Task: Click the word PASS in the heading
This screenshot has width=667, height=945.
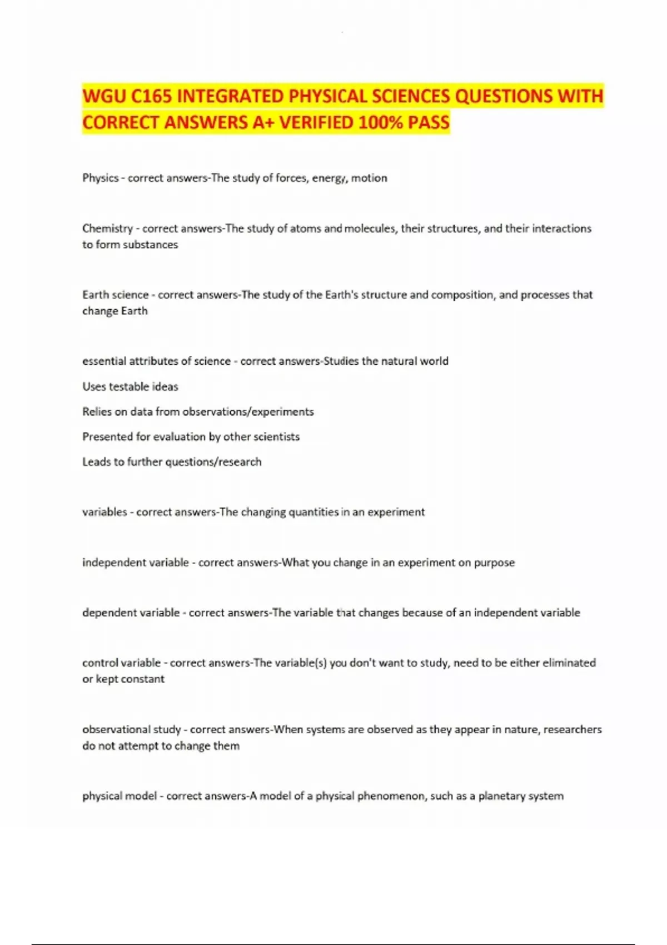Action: pyautogui.click(x=428, y=122)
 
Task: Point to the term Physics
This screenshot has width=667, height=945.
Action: pyautogui.click(x=101, y=178)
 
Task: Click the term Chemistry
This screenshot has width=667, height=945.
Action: pyautogui.click(x=107, y=228)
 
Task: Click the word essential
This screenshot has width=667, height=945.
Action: pyautogui.click(x=104, y=361)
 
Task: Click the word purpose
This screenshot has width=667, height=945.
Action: pyautogui.click(x=494, y=563)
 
